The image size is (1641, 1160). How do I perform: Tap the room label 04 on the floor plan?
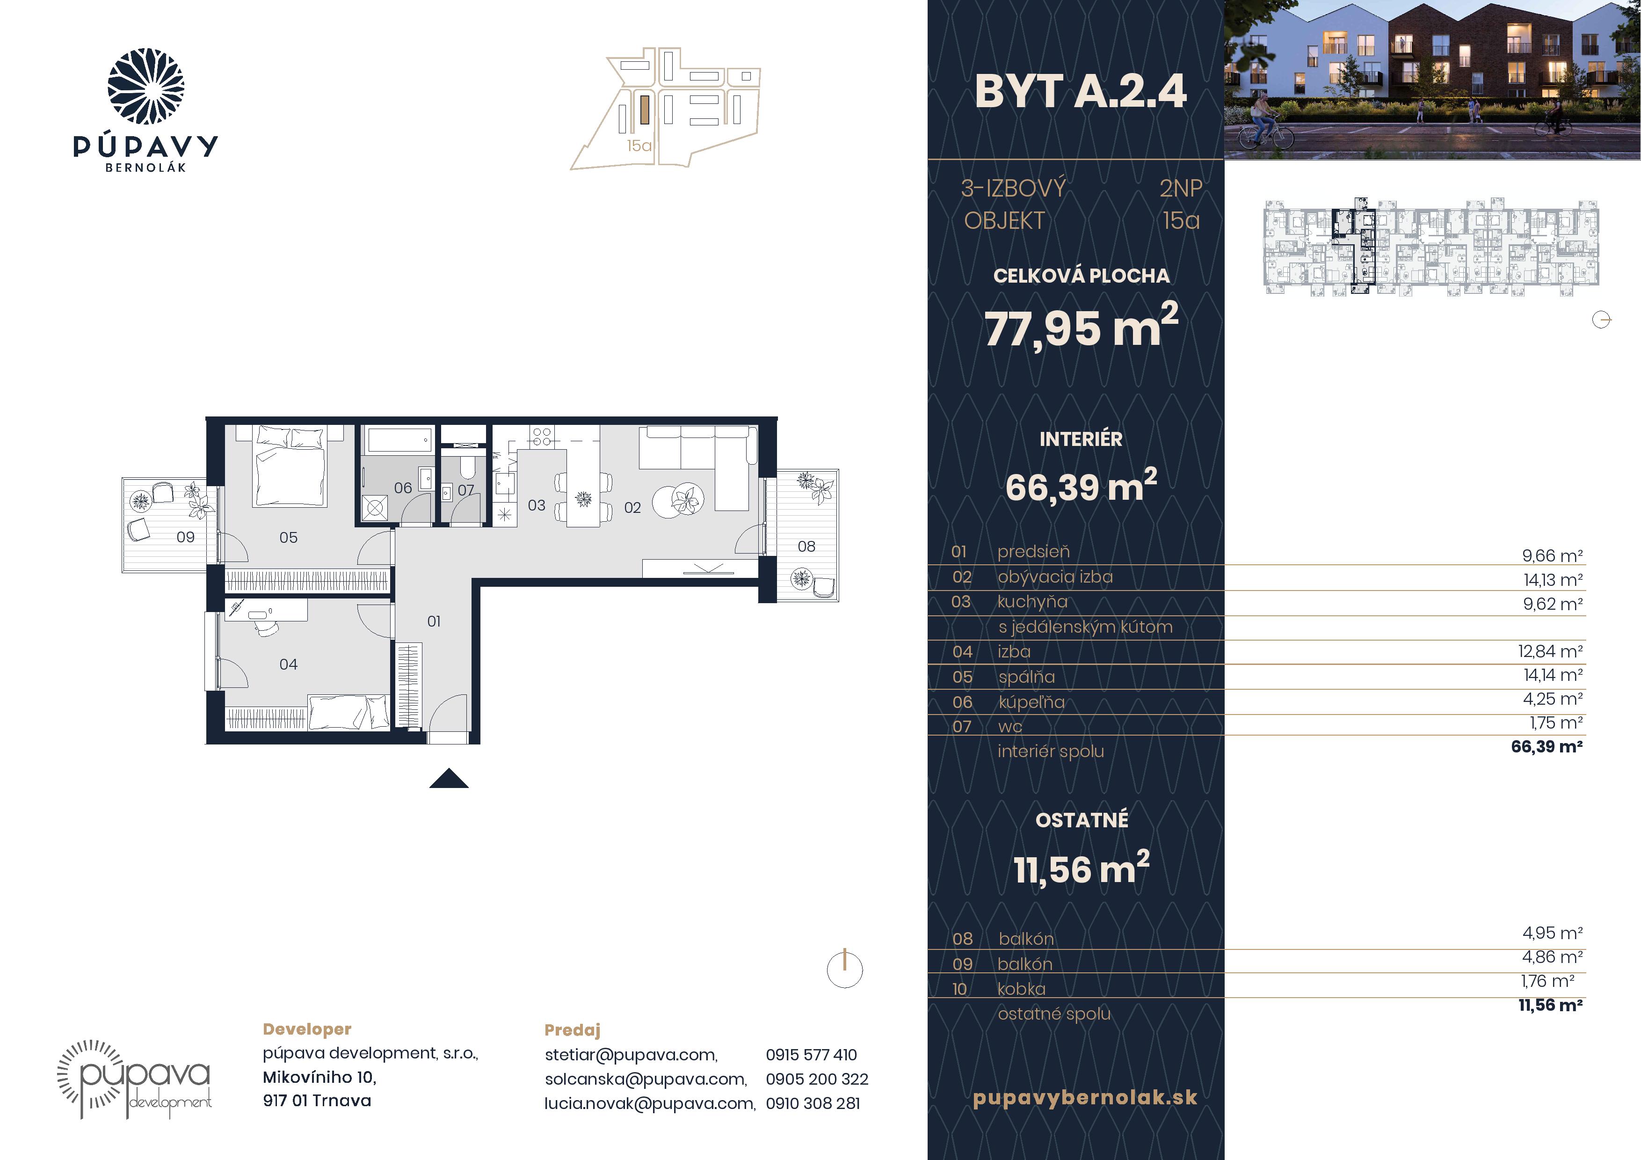coord(288,664)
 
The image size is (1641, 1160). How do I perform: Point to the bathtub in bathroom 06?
coord(399,439)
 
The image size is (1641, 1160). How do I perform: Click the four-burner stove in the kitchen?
coord(541,436)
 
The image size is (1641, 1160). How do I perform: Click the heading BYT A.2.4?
coord(1081,92)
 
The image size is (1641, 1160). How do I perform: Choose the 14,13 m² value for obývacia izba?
coord(1553,580)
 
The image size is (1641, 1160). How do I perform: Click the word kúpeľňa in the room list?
coord(1031,702)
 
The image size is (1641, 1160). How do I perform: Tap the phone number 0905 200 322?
coord(817,1079)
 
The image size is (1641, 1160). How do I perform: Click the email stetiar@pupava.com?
coord(631,1055)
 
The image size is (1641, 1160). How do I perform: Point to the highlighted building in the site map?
coord(645,111)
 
